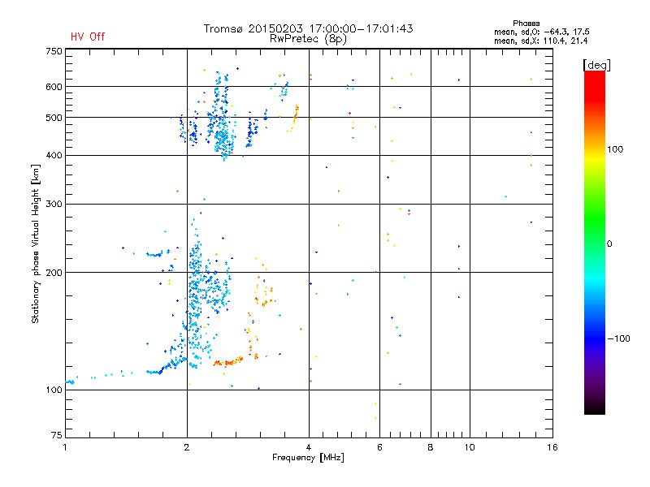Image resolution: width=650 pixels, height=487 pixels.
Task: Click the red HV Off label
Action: [88, 37]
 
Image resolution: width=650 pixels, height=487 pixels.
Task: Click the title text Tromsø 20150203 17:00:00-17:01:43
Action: [308, 28]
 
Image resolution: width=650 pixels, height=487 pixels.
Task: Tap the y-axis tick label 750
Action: [54, 51]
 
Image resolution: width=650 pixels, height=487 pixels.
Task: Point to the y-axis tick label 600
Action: [54, 87]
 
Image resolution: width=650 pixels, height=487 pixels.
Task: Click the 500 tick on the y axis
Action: [54, 118]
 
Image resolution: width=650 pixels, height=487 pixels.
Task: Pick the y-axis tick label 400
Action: [54, 156]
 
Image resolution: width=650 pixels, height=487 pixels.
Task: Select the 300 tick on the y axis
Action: [54, 204]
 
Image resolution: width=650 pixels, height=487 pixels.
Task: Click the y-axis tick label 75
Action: [56, 435]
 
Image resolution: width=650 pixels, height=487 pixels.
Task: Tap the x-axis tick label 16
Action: [551, 447]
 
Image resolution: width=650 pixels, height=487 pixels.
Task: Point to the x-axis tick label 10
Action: [469, 447]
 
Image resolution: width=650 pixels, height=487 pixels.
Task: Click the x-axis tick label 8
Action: [431, 447]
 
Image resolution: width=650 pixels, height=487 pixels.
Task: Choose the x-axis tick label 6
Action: [379, 447]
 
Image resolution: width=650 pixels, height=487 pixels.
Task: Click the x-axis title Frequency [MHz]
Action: [308, 458]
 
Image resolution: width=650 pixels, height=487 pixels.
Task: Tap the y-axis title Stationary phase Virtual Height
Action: [36, 243]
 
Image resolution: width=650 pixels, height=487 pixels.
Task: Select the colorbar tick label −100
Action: [620, 338]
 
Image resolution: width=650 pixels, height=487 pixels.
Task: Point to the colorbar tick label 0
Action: [609, 243]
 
